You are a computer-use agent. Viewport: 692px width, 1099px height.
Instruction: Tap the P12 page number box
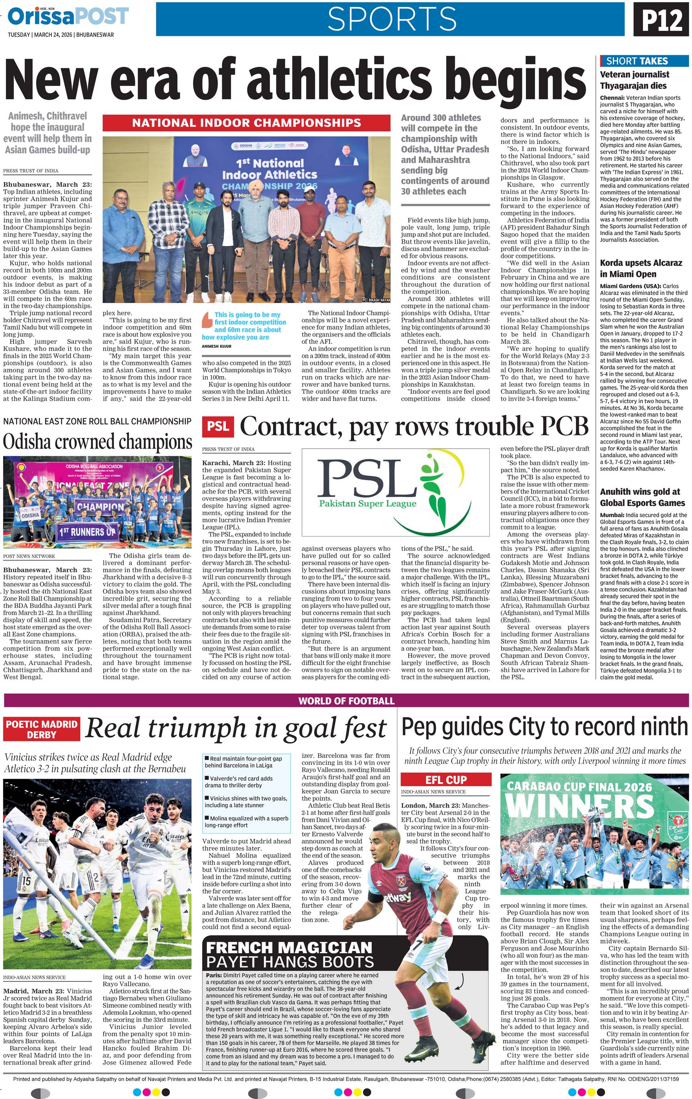(662, 19)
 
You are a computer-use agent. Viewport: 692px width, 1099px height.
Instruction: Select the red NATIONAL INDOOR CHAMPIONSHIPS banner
(246, 123)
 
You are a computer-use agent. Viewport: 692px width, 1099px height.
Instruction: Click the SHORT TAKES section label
(637, 61)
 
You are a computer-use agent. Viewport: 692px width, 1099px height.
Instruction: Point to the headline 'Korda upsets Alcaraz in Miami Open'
(641, 269)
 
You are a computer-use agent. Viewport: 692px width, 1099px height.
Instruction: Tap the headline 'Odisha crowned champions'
(98, 442)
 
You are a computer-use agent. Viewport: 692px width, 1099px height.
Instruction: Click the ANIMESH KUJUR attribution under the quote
(217, 347)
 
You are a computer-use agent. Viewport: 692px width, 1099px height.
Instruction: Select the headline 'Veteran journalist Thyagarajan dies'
(635, 80)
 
